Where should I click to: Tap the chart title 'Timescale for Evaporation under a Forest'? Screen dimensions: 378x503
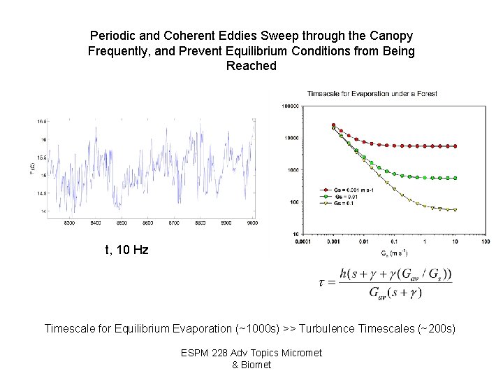point(372,94)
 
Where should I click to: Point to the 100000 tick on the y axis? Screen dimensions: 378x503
point(291,106)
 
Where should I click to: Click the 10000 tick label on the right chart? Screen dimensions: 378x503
point(292,139)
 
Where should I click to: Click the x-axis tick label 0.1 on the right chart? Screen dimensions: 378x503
point(394,242)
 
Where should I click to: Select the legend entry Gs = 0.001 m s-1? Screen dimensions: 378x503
point(349,189)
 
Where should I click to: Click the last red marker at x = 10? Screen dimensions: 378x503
point(455,146)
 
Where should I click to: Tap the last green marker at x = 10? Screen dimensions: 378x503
point(455,178)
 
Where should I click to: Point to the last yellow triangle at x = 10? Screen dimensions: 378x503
point(455,210)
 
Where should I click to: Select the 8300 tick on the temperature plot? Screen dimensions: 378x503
point(69,223)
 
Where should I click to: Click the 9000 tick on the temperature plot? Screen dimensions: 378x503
point(251,223)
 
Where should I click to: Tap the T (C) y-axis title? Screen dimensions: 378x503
point(32,169)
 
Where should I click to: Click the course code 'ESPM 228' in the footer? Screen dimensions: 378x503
point(202,353)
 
